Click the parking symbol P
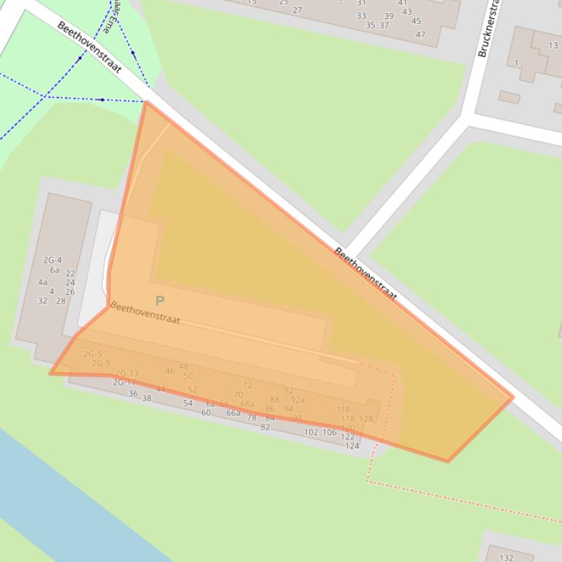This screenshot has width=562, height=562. point(159,301)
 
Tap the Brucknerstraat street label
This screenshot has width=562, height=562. point(487,29)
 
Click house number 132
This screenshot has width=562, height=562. point(506,558)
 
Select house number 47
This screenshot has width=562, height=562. point(420,34)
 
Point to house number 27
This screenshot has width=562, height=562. point(297,10)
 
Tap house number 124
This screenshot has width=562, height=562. point(352,446)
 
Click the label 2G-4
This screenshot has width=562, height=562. point(53,260)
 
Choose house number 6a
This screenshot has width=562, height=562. point(55,270)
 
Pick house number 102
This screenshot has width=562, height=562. point(311,432)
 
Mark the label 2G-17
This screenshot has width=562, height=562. point(124,382)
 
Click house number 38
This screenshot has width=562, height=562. point(147,399)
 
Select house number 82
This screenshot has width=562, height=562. point(265,428)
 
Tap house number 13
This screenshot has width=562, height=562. point(553,46)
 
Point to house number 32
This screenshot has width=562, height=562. point(42,301)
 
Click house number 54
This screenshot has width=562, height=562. point(188,403)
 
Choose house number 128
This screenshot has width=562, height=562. point(366,419)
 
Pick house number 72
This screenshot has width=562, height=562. point(248,385)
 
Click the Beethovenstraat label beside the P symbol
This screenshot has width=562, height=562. point(145,313)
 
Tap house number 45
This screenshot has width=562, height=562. point(416,21)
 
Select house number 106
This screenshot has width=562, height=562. point(330,433)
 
